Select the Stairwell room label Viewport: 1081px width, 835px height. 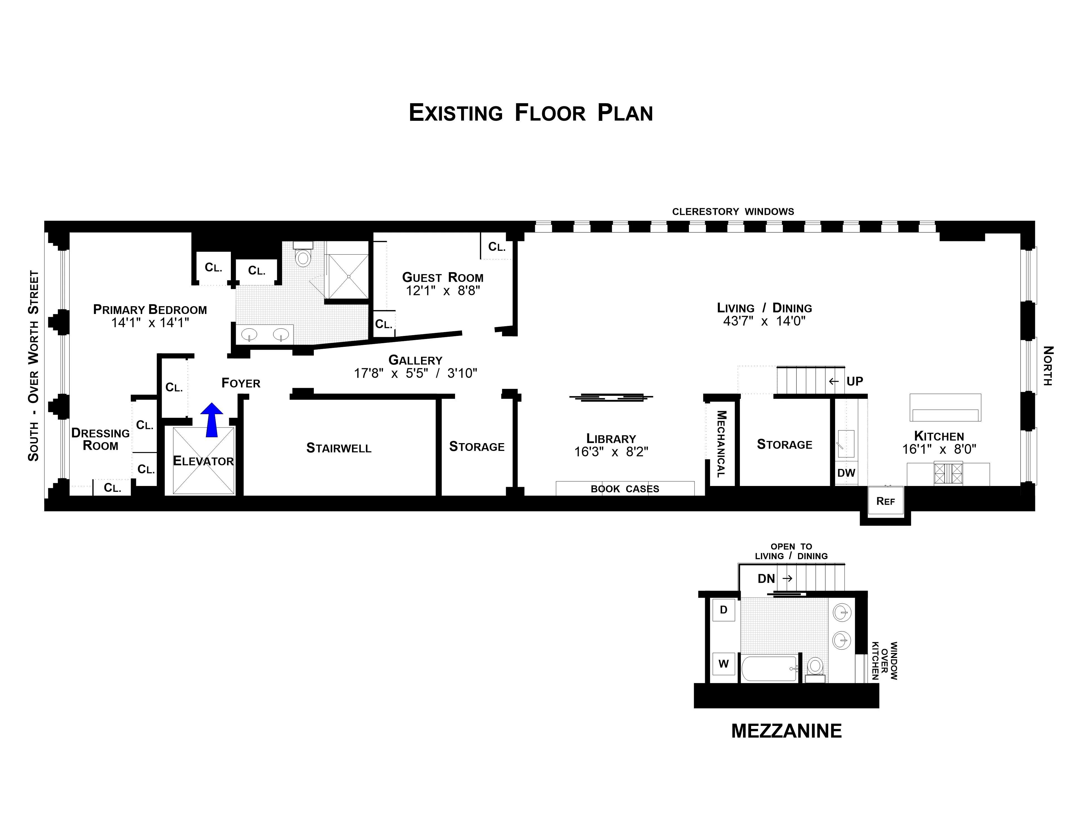pyautogui.click(x=339, y=448)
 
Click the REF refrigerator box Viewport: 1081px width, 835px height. pyautogui.click(x=886, y=501)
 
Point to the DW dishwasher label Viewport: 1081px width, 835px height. pyautogui.click(x=846, y=473)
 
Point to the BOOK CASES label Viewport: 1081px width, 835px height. pyautogui.click(x=625, y=489)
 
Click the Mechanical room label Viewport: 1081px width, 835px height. pyautogui.click(x=721, y=444)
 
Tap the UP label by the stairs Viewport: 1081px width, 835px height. pyautogui.click(x=854, y=381)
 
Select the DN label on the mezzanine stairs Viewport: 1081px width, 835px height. pyautogui.click(x=766, y=578)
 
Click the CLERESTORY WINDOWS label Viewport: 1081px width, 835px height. pyautogui.click(x=733, y=212)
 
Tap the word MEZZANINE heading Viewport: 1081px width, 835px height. pyautogui.click(x=786, y=731)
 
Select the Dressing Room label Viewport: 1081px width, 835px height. pyautogui.click(x=101, y=439)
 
